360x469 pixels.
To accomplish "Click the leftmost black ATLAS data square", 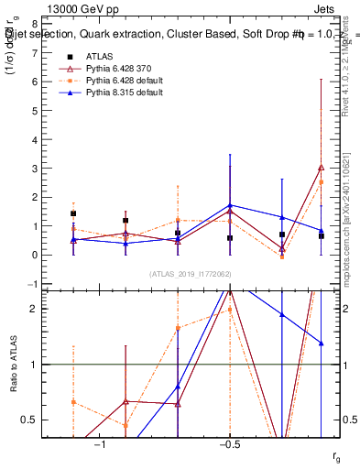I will (x=73, y=213).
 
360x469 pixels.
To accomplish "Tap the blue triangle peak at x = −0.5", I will (x=230, y=205).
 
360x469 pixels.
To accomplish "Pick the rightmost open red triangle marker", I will (x=321, y=168).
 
